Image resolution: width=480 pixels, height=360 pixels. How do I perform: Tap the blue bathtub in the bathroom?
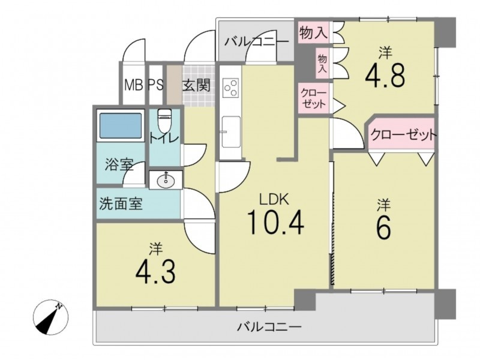coord(121,125)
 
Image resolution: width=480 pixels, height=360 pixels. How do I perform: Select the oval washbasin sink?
coord(166,181)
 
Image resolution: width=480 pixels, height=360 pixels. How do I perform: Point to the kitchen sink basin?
coord(231,131)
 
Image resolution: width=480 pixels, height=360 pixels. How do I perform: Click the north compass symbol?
coord(50,317)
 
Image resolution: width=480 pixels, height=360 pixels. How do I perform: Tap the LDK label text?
coord(274,200)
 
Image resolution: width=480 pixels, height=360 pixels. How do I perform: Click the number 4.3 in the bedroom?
coord(155,272)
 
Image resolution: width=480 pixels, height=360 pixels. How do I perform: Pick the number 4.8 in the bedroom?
coord(385,75)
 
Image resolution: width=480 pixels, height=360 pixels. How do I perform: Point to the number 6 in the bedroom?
coord(383,227)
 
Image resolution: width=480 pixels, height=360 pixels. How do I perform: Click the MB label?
coord(134,85)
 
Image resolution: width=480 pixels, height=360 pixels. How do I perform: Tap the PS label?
coord(156,85)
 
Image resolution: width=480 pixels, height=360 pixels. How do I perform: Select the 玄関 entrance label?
coord(197,85)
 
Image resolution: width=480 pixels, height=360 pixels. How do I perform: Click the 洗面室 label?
coord(121,203)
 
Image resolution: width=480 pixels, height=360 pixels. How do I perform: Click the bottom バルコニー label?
coord(269,327)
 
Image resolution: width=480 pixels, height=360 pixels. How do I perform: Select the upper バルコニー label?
coord(257,41)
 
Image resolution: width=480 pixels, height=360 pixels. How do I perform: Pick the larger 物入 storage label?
coord(313,32)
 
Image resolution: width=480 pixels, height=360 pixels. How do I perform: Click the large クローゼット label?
coord(403,134)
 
